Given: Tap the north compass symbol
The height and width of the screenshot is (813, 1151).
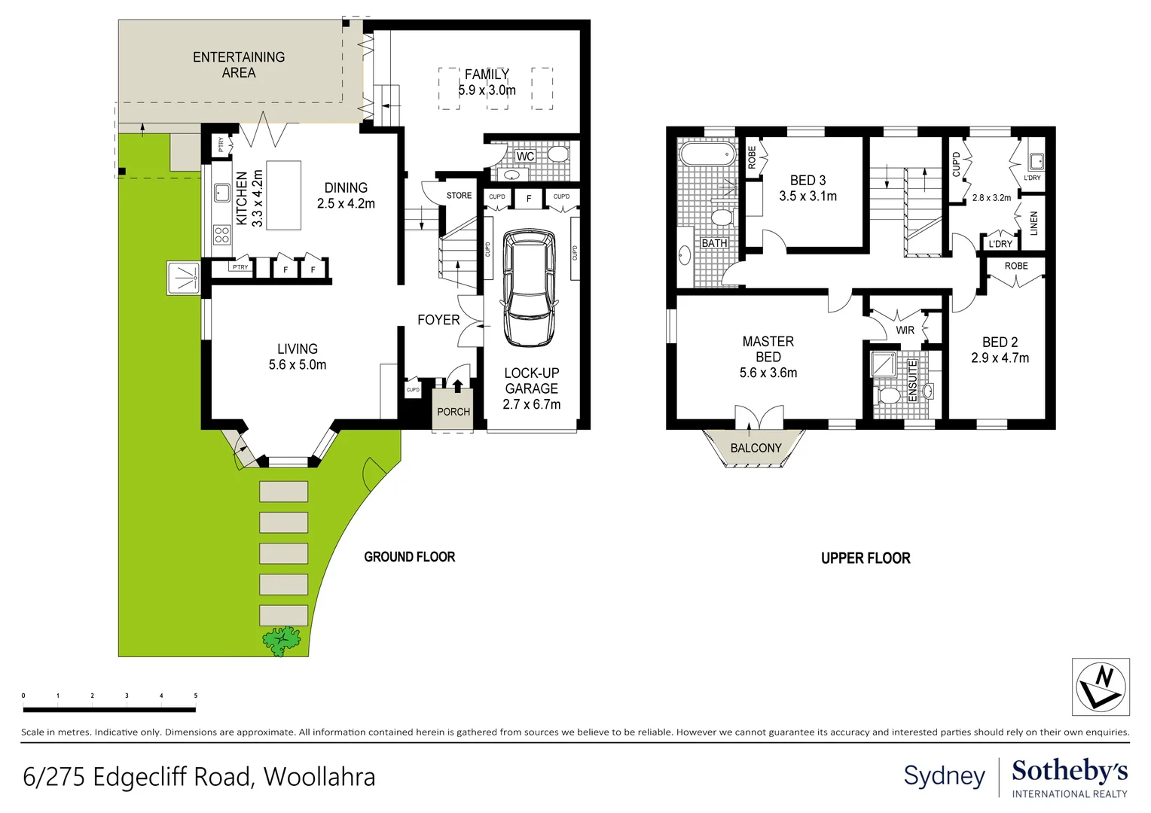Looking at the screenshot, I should [1101, 687].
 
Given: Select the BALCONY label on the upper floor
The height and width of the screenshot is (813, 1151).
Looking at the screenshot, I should [756, 449].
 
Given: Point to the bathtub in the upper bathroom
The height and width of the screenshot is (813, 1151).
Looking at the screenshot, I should [707, 155].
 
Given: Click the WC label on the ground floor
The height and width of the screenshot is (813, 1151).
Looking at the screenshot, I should [525, 157].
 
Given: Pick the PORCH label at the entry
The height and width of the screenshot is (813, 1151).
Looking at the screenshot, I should [453, 412].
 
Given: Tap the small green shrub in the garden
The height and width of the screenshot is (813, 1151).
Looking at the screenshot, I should [282, 641].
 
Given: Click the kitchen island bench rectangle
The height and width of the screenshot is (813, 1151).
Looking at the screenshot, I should [284, 195].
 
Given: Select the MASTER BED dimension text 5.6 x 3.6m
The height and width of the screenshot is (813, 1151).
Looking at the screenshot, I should [768, 373].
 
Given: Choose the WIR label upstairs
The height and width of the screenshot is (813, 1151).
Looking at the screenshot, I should [905, 330].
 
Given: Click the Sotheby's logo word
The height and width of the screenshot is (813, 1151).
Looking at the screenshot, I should [1070, 772].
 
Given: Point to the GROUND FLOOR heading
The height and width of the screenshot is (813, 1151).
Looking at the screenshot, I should [410, 557].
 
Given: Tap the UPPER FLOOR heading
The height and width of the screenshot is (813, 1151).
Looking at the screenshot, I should [866, 559].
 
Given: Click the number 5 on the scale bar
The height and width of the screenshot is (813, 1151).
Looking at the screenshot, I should [196, 696].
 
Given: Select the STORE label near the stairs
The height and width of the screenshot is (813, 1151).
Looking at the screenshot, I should [459, 196].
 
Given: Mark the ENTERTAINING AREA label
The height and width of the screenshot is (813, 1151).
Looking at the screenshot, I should [239, 65].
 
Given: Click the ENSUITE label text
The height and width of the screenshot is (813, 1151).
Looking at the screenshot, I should [912, 380].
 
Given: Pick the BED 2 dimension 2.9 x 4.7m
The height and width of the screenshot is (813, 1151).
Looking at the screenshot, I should [1000, 358].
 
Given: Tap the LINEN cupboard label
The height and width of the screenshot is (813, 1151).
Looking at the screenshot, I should [1033, 223].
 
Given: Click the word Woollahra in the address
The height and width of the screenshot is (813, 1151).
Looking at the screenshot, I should [319, 777].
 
